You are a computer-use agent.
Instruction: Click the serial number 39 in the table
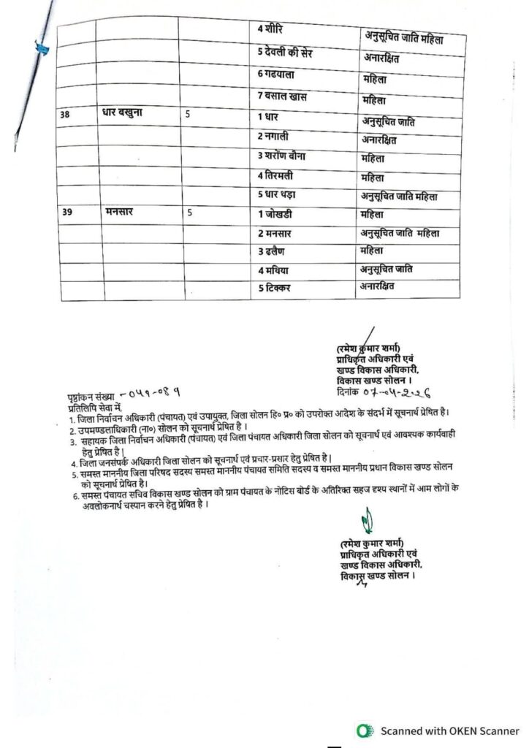67,213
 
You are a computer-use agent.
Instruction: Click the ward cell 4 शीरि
273,29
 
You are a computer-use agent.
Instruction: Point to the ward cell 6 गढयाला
278,74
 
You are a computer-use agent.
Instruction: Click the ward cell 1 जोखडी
278,214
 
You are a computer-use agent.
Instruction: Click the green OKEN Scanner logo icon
362,730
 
